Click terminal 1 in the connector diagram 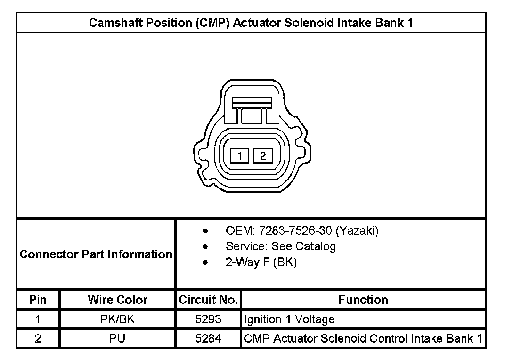pos(240,155)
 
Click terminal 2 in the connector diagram pos(263,155)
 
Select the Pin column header pos(38,300)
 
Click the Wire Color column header pos(117,300)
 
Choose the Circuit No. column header pos(208,300)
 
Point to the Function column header pos(363,300)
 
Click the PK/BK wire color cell pos(117,319)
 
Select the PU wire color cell pos(117,339)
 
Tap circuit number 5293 pos(208,319)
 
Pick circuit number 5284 pos(208,339)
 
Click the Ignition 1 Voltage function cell pos(289,319)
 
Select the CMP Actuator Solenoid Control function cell pos(363,339)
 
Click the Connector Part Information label pos(96,254)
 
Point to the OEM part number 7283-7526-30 pos(295,231)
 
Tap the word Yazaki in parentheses pos(358,231)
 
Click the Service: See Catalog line pos(280,246)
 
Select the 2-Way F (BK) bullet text pos(261,262)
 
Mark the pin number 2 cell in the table pos(38,339)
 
